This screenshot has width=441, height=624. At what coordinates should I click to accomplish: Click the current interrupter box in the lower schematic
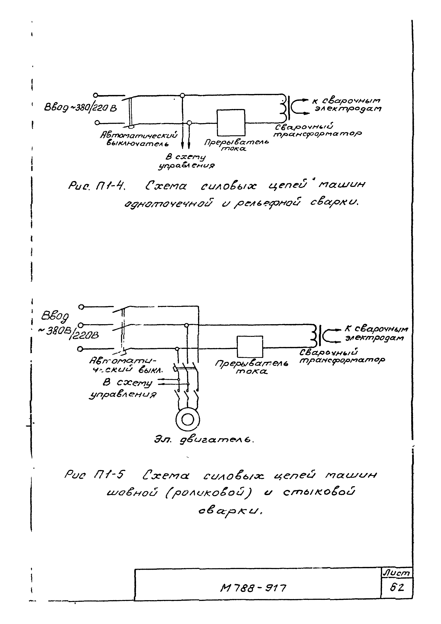[x=250, y=347]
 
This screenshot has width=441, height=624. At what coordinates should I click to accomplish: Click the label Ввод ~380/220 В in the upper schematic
[x=80, y=108]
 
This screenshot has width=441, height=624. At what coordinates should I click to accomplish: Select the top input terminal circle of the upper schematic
[x=95, y=95]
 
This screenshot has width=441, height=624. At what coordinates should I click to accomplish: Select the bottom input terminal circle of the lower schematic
[x=80, y=349]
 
